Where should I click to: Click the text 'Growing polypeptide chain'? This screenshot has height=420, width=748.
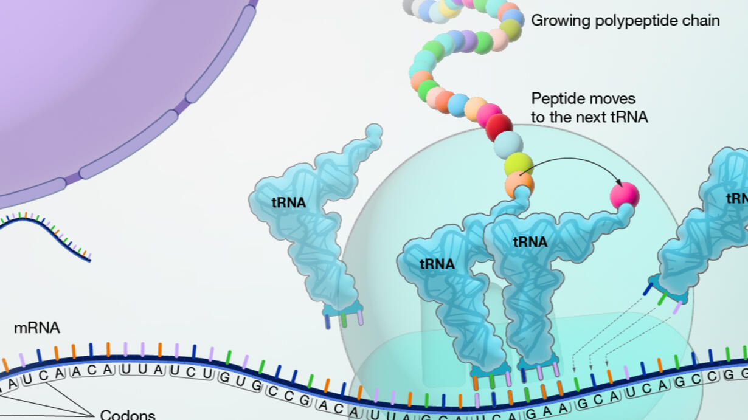pyautogui.click(x=625, y=21)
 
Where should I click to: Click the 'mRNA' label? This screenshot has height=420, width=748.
pyautogui.click(x=37, y=328)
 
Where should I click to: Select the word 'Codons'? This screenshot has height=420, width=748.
pyautogui.click(x=128, y=415)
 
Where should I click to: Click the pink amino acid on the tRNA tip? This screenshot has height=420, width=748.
pyautogui.click(x=625, y=195)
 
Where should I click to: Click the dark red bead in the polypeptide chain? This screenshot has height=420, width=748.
pyautogui.click(x=499, y=126)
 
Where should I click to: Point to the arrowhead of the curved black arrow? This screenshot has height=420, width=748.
pyautogui.click(x=618, y=182)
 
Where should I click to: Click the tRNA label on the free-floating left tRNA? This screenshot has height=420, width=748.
pyautogui.click(x=289, y=203)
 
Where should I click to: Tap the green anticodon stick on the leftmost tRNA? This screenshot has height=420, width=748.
pyautogui.click(x=344, y=320)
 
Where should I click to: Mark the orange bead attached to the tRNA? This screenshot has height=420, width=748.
pyautogui.click(x=519, y=184)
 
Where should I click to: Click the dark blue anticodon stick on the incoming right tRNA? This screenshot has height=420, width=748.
pyautogui.click(x=648, y=289)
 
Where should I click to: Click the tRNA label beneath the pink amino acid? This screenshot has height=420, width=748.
pyautogui.click(x=530, y=242)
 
